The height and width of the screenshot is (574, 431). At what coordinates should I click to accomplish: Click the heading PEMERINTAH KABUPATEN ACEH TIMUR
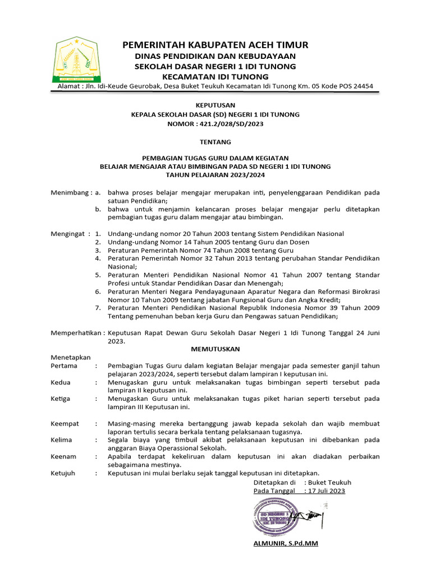(215, 45)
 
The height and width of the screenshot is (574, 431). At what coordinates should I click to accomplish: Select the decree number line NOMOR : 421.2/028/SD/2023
(215, 123)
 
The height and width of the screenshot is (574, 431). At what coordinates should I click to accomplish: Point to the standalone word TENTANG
(215, 142)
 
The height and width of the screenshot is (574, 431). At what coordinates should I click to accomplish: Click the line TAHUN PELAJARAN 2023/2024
(215, 175)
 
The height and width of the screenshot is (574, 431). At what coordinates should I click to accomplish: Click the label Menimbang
(70, 192)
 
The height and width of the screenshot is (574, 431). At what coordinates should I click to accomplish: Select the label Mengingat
(67, 233)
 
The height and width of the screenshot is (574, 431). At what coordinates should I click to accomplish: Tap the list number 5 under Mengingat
(98, 275)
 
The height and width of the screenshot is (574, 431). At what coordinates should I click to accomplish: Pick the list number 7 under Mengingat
(98, 308)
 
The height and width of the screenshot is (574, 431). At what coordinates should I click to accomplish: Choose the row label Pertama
(64, 365)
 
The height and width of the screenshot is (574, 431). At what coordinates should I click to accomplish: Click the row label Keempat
(65, 423)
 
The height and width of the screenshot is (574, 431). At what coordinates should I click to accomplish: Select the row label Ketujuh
(63, 473)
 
